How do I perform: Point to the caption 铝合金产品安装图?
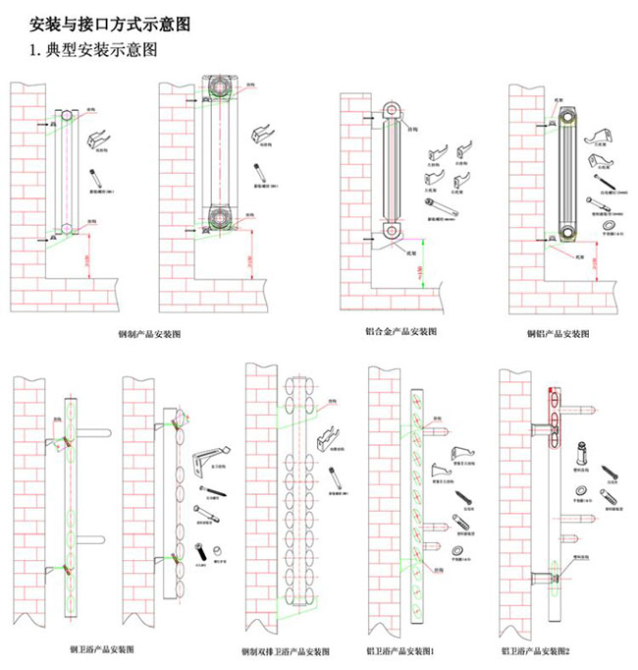[x=401, y=331]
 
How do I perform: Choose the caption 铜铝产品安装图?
[x=558, y=334]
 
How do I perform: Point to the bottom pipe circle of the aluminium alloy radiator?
[x=391, y=232]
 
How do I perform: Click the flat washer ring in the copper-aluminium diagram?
[x=609, y=226]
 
